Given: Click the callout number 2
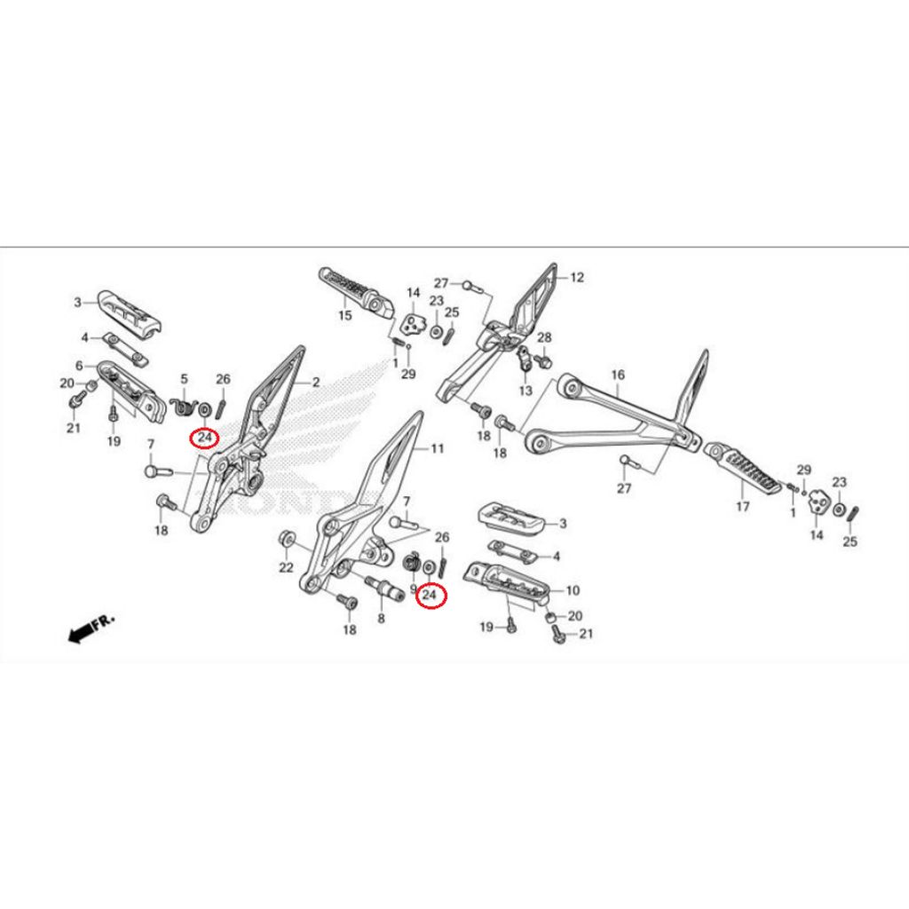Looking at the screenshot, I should [314, 382].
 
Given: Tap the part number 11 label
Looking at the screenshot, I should [437, 449].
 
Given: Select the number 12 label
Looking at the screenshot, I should [577, 277].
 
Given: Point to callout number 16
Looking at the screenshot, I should [618, 375].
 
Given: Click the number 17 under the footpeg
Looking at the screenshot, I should [742, 507].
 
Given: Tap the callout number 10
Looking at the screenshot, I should [573, 589].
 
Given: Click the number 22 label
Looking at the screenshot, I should [286, 567].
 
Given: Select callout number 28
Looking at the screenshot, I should [544, 337].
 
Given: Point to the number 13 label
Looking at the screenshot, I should [526, 391].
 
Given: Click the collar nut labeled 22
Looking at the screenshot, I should [287, 540].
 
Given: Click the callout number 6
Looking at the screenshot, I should [79, 366].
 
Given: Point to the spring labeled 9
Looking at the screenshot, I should [412, 564].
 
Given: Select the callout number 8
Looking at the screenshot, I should [381, 619].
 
